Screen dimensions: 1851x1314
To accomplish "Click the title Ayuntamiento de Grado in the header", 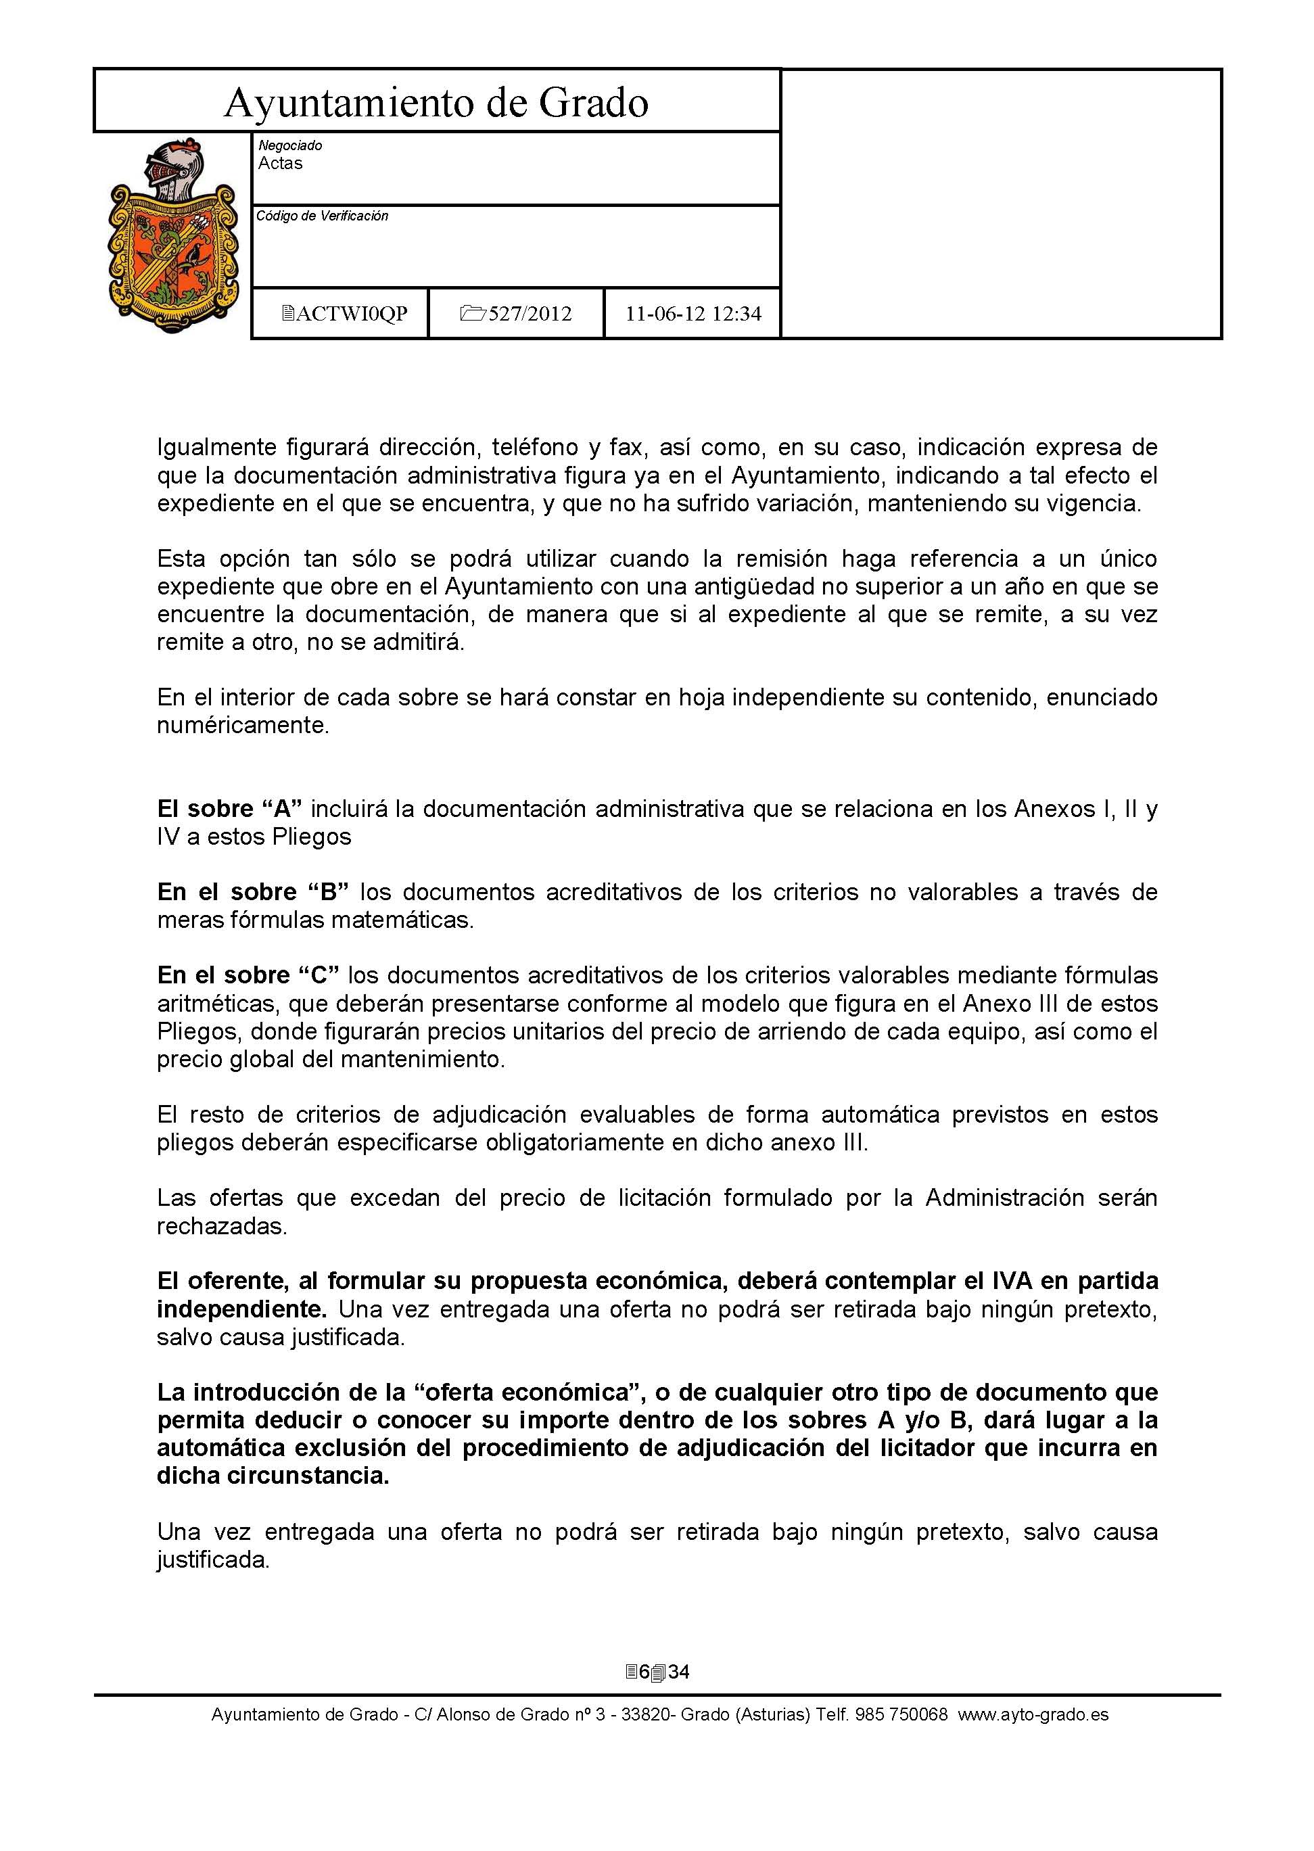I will [x=436, y=103].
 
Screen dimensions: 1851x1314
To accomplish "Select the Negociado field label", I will [x=289, y=145].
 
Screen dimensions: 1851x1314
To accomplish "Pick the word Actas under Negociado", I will [x=280, y=164].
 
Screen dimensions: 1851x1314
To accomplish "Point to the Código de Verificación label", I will [x=322, y=216].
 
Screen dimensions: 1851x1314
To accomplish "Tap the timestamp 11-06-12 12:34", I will [x=693, y=314].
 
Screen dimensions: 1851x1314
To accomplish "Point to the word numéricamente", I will [x=243, y=725].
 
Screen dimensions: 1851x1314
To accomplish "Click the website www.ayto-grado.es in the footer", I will [x=1033, y=1714].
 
